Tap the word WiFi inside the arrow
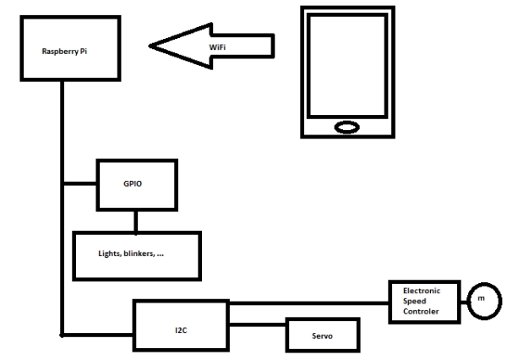pos(218,47)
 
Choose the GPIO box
pos(135,183)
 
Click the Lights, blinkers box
pos(135,254)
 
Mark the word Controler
pos(417,312)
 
